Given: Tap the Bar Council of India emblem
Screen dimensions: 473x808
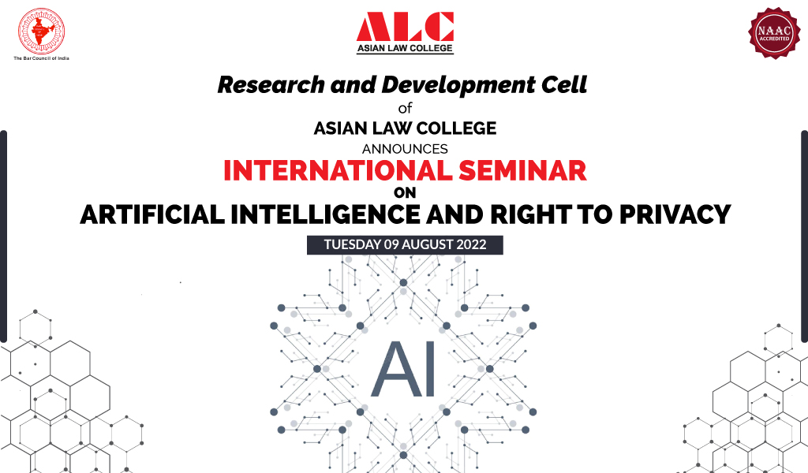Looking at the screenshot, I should click(x=41, y=32).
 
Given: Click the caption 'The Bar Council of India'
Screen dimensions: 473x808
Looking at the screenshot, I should click(x=41, y=59).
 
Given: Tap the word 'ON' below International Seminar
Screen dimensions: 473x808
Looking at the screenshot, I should click(x=404, y=192).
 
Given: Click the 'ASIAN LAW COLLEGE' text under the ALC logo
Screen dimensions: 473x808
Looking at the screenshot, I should click(x=405, y=48).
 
